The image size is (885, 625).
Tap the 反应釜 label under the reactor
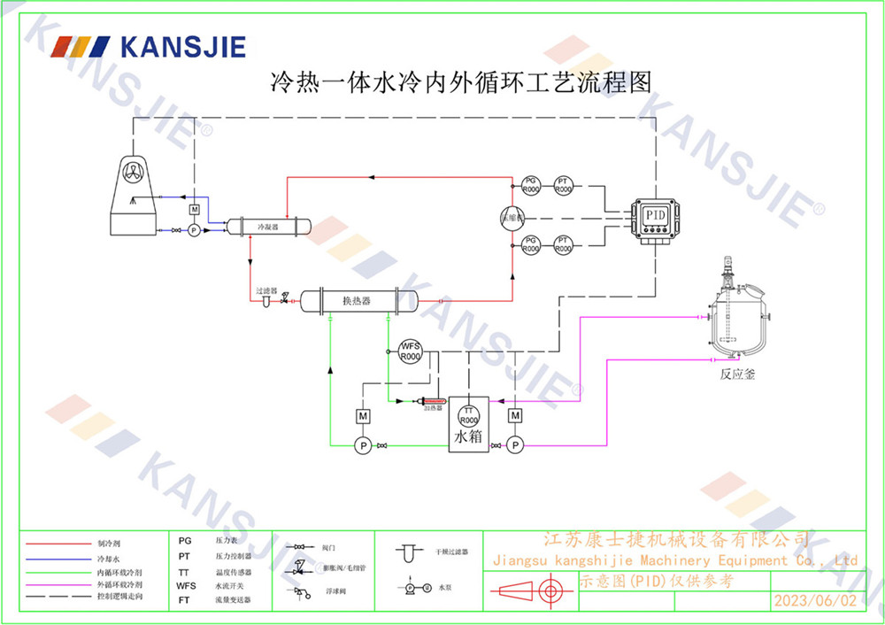737,374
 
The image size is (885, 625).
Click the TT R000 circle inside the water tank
468,414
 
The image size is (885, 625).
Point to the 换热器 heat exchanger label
357,301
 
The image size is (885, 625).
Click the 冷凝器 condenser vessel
268,227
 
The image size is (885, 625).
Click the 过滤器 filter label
266,290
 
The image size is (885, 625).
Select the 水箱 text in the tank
467,437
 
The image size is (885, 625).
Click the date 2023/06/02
815,600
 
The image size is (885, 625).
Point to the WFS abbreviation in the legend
186,585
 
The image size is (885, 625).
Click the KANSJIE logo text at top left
182,47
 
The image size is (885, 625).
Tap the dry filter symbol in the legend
409,552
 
